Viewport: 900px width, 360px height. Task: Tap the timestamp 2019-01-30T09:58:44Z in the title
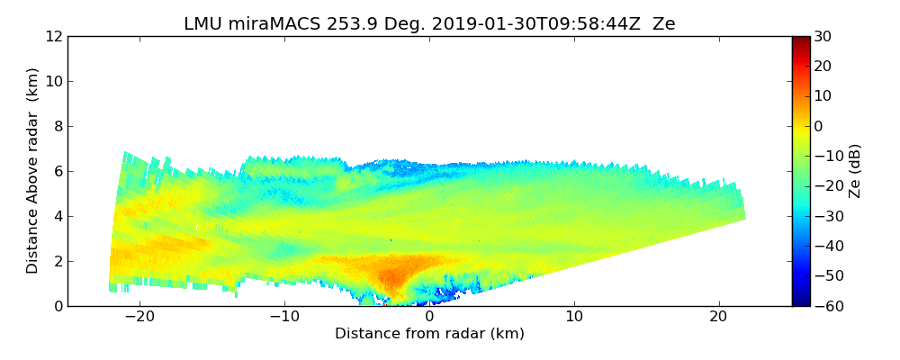(x=512, y=24)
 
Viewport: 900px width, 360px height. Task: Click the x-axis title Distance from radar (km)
(x=429, y=334)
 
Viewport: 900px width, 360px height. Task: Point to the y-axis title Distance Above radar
(x=32, y=170)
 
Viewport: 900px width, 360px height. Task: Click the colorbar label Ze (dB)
(x=855, y=171)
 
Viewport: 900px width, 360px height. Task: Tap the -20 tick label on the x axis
(x=139, y=317)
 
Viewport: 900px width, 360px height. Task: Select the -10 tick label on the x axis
(x=284, y=317)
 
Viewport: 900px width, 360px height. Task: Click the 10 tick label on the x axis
(x=574, y=317)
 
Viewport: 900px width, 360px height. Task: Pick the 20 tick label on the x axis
(x=718, y=317)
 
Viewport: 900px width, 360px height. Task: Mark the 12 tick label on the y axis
(x=53, y=37)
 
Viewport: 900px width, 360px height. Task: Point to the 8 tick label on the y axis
(x=57, y=127)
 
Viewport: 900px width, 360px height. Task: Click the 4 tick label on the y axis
(x=57, y=217)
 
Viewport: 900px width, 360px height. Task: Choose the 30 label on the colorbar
(x=823, y=37)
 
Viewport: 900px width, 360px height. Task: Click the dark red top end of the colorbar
(x=800, y=40)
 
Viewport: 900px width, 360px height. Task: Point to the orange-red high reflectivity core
(x=391, y=275)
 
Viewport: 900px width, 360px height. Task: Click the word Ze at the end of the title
(x=664, y=24)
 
